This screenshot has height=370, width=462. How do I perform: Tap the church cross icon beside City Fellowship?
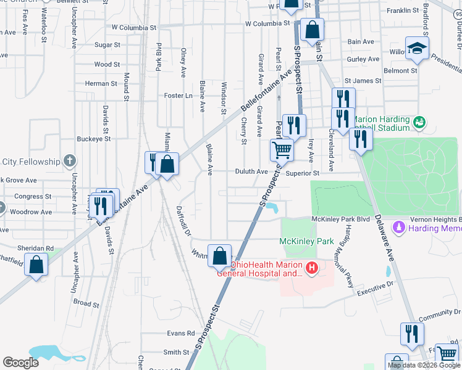(70, 162)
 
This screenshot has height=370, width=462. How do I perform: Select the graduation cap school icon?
(418, 48)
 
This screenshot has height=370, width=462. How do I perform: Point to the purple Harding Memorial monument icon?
(399, 228)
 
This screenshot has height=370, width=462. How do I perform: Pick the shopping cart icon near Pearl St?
(282, 149)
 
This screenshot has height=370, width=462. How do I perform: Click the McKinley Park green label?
(298, 240)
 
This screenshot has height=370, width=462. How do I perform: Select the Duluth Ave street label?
(251, 172)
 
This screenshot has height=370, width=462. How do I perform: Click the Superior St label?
(301, 174)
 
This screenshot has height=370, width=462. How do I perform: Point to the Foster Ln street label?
(179, 96)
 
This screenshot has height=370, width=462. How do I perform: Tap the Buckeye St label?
(95, 139)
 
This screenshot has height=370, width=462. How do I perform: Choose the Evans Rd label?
(180, 333)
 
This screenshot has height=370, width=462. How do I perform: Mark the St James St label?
(360, 80)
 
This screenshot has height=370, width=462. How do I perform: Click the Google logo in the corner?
(20, 363)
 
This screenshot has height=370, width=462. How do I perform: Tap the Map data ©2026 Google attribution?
(423, 365)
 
